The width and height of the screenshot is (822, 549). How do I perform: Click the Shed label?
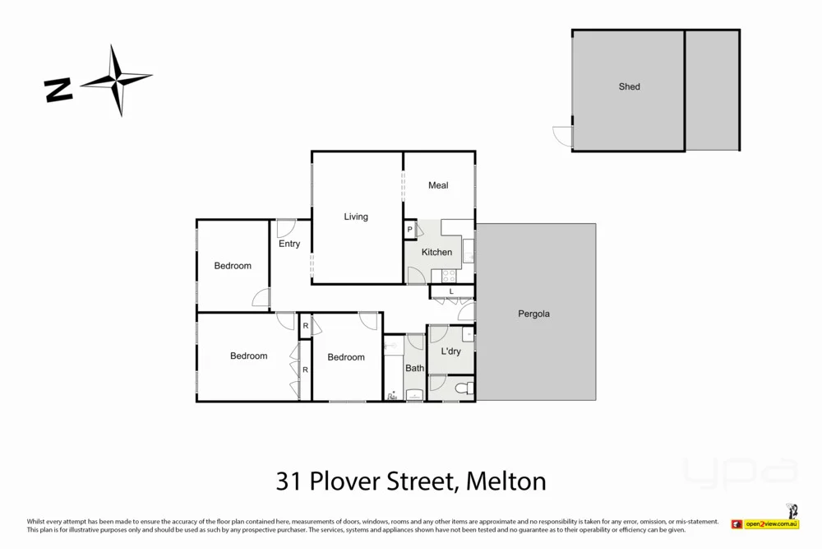[x=629, y=86]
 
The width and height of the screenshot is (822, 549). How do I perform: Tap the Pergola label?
[x=533, y=314]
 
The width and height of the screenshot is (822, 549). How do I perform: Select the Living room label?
[x=356, y=217]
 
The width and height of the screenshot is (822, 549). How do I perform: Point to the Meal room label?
[x=438, y=185]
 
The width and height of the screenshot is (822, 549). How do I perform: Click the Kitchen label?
[x=436, y=252]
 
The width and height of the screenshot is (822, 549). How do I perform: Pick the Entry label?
[x=289, y=244]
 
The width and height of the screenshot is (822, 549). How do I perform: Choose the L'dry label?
[x=450, y=351]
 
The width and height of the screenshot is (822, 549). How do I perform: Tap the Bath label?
[x=414, y=368]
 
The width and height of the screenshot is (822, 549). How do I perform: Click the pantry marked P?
[x=409, y=230]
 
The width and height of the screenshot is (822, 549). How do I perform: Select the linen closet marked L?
[x=451, y=291]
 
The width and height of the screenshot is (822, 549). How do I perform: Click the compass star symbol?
[x=117, y=80]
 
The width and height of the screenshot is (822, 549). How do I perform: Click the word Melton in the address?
[x=506, y=481]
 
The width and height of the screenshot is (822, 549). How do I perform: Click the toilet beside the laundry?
[x=462, y=388]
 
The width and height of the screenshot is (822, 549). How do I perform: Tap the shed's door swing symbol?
[x=563, y=137]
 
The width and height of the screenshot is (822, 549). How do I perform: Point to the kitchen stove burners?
[x=449, y=276]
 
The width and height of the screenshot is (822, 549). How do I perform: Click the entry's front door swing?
[x=286, y=228]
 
